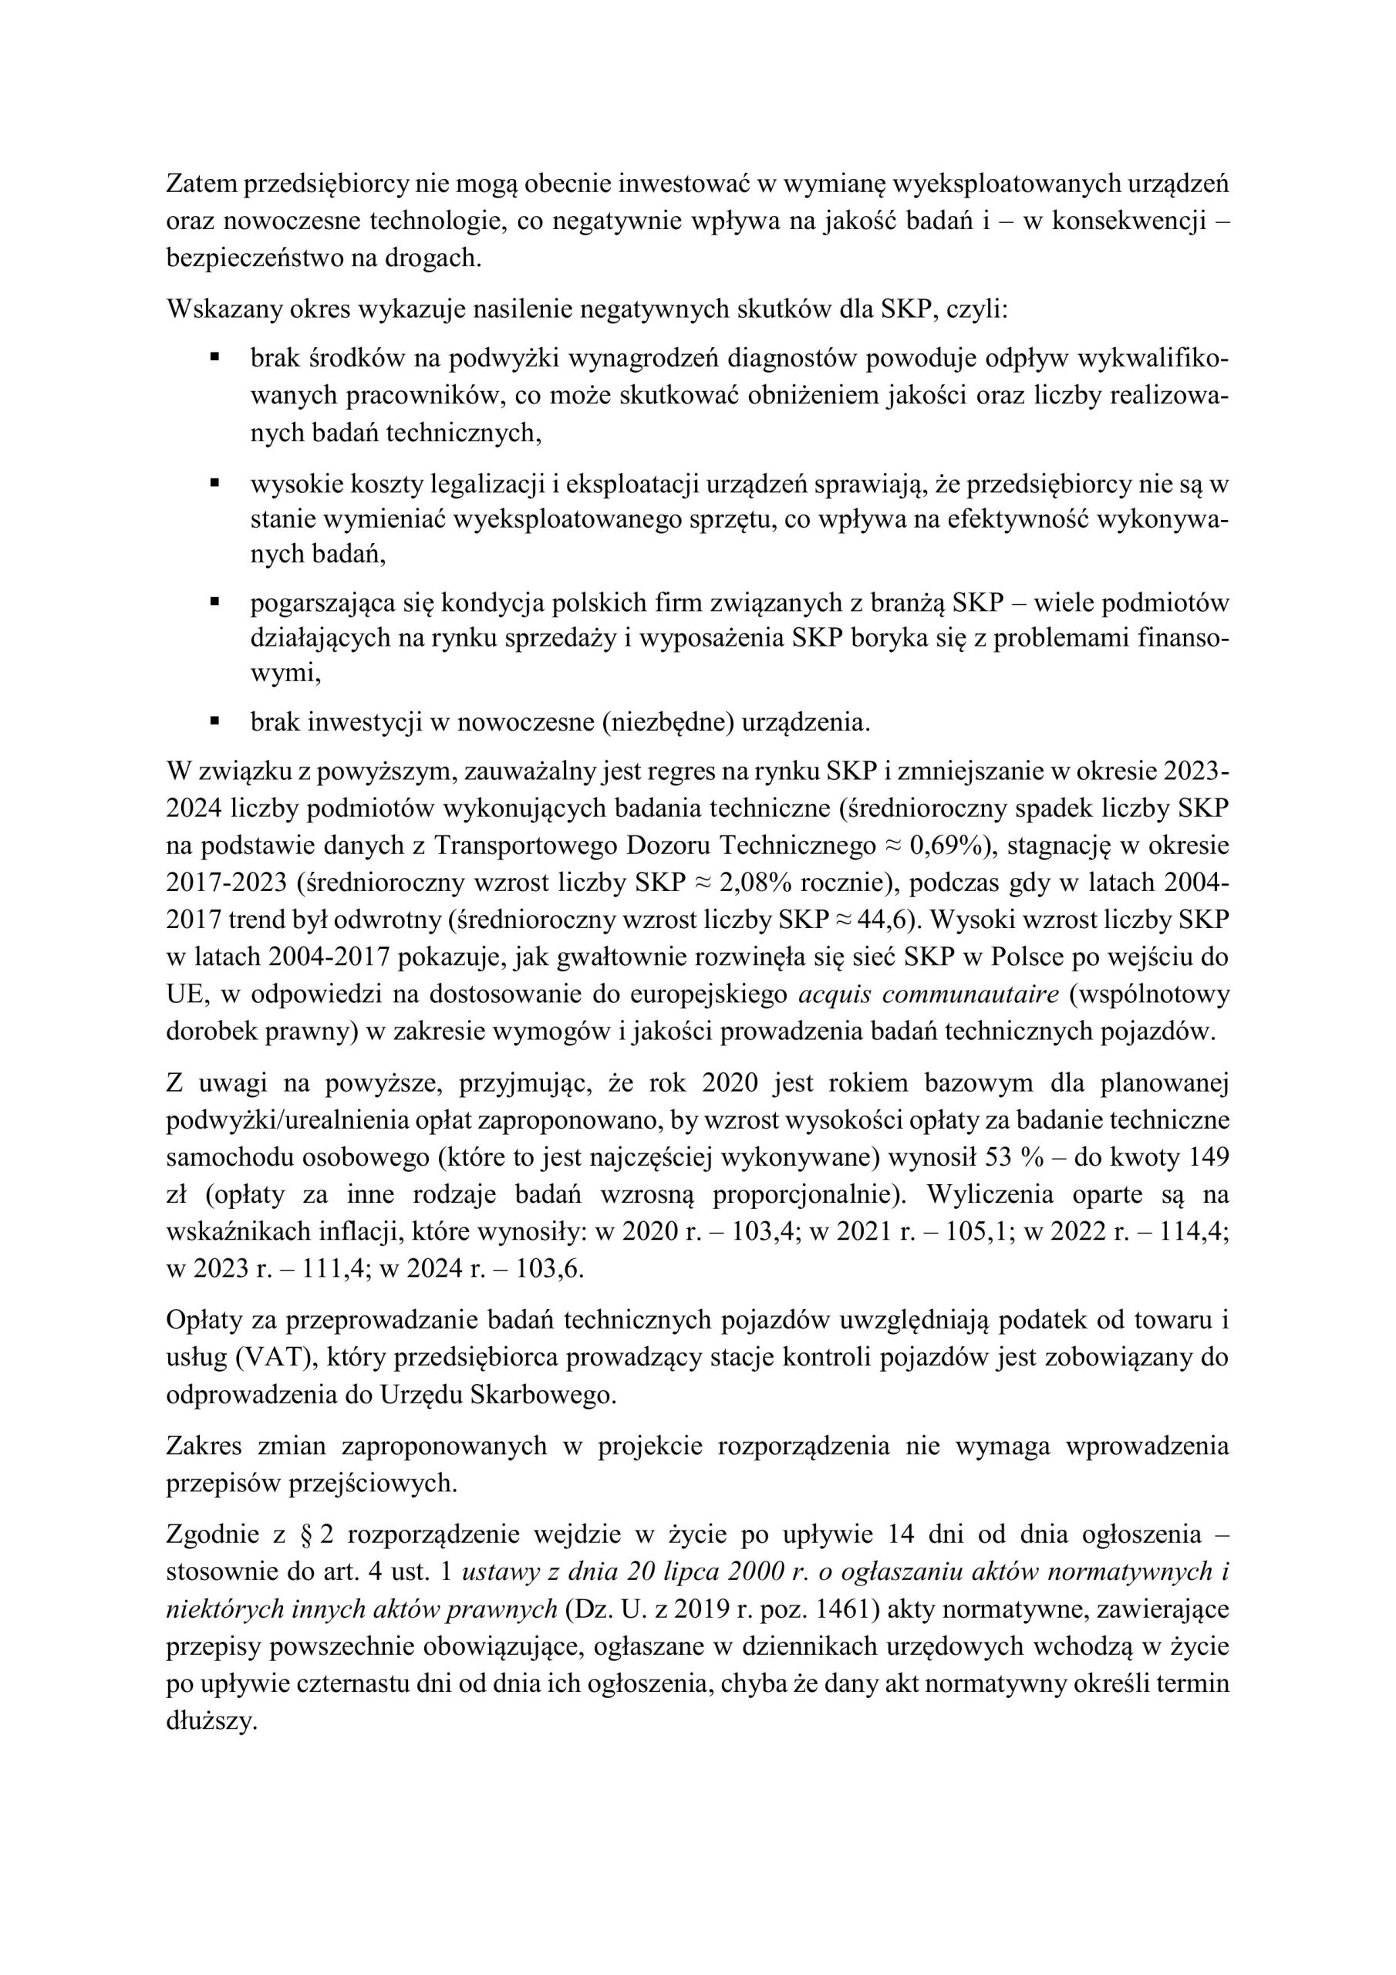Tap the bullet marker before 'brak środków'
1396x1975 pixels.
[x=215, y=354]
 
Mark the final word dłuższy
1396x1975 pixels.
[x=211, y=1720]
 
